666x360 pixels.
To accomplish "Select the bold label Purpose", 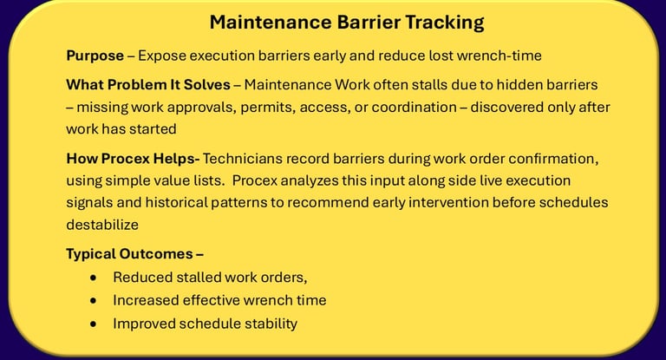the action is [95, 56].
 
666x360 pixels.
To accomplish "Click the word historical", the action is [176, 202].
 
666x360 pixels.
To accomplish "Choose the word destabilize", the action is [102, 225].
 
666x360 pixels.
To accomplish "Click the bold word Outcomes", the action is [156, 254].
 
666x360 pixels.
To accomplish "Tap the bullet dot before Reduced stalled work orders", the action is [94, 278].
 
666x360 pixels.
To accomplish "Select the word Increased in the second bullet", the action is [146, 300].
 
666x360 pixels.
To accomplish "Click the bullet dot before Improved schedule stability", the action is [94, 324].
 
